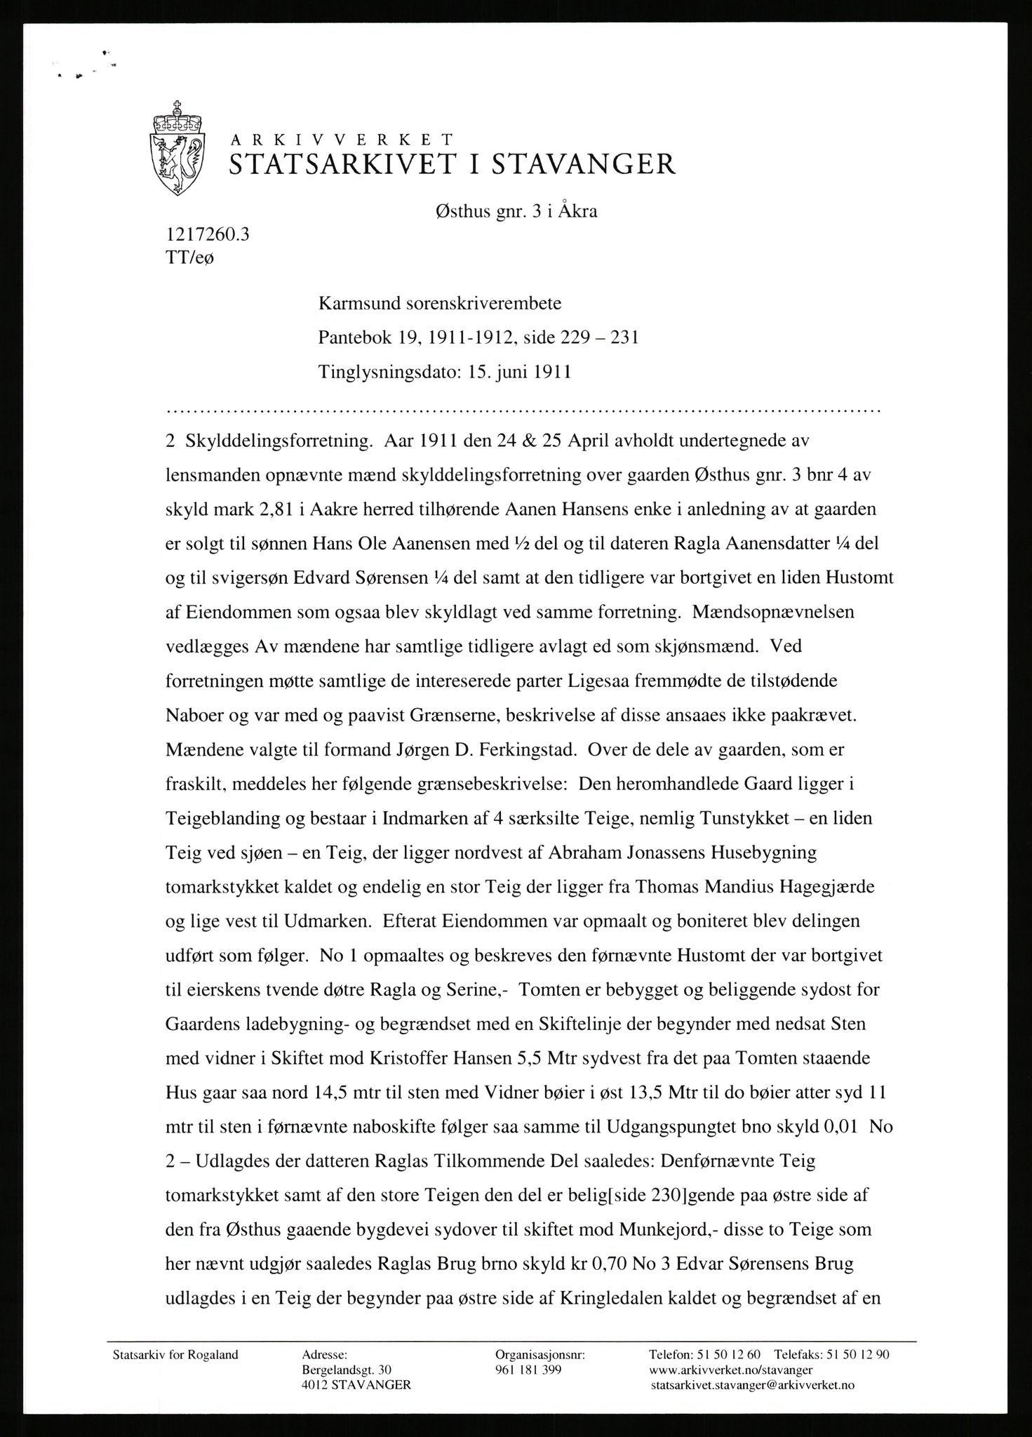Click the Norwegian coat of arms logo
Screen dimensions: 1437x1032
178,148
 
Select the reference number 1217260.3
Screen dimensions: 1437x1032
207,234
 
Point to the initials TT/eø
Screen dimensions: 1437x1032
189,258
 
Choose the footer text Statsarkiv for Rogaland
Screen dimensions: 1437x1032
175,1356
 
